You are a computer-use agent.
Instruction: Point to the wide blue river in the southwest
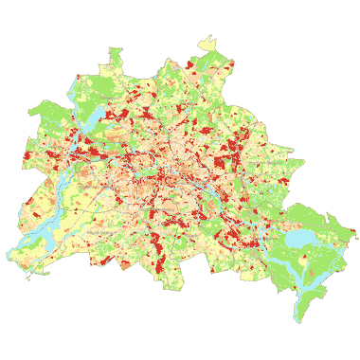[38, 227]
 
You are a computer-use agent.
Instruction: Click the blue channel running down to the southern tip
[305, 296]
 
